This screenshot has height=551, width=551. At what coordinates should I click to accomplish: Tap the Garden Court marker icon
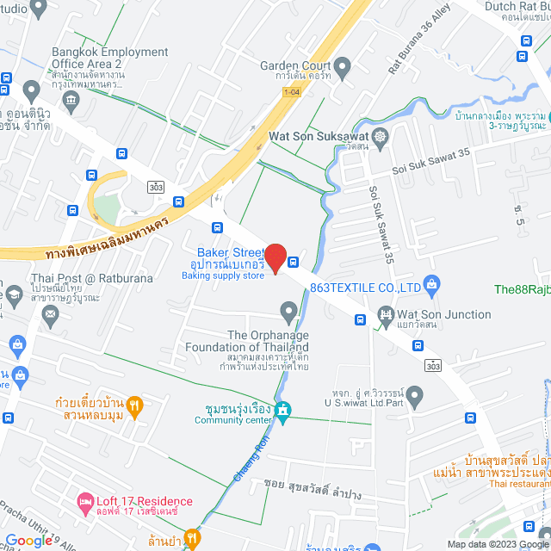point(343,66)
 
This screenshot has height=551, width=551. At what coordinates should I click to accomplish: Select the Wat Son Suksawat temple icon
point(380,137)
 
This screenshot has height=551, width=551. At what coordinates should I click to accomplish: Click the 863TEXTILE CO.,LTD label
point(364,288)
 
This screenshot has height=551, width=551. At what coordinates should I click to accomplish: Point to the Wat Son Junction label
point(443,314)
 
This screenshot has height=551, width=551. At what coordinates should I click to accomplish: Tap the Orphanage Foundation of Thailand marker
point(289,310)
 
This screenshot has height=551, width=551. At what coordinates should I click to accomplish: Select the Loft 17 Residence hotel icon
point(85,500)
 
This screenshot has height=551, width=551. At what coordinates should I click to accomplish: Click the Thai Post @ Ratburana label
point(79,278)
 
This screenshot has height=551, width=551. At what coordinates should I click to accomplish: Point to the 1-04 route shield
point(291,91)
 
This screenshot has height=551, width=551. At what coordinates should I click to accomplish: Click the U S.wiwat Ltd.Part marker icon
point(415,397)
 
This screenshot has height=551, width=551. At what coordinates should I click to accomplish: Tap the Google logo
point(28,540)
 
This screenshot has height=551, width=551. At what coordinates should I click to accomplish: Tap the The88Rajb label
point(522,289)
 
